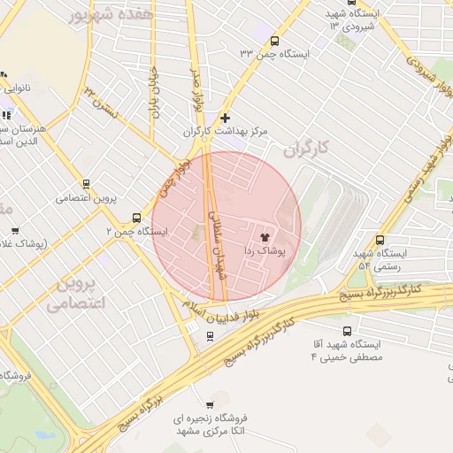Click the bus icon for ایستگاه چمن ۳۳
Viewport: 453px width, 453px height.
[x=274, y=40]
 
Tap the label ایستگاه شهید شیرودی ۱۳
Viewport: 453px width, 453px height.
[x=332, y=19]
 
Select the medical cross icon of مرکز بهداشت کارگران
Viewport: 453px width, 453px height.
[x=226, y=117]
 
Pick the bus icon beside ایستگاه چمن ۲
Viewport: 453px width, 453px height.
[x=136, y=217]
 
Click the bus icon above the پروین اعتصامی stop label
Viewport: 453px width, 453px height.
[x=86, y=184]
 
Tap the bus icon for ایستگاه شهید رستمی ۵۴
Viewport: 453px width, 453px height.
[x=380, y=239]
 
